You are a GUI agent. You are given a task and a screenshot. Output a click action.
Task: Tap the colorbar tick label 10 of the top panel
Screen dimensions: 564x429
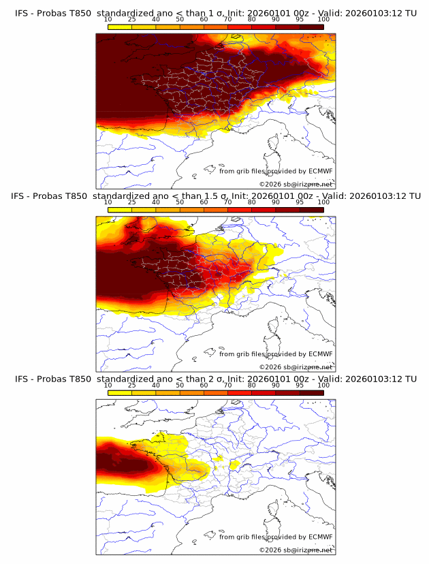[108, 20]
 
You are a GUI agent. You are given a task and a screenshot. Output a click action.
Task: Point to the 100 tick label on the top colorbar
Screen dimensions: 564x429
[323, 20]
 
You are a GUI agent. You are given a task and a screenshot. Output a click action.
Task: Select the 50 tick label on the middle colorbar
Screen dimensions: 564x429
[180, 203]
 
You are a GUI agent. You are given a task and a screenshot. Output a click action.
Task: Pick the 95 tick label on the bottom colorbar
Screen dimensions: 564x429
[300, 386]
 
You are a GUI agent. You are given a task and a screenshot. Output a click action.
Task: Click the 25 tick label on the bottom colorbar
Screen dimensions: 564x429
[132, 386]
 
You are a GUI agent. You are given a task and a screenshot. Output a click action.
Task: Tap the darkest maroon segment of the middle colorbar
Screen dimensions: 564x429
[311, 210]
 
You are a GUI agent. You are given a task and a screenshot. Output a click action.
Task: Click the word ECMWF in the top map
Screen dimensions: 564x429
[320, 172]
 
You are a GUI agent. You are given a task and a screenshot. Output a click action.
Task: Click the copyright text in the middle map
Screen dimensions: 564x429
[296, 366]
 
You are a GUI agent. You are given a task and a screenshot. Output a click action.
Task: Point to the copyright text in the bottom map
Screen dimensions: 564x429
[296, 550]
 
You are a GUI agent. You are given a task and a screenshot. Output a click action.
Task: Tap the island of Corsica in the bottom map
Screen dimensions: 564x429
[274, 509]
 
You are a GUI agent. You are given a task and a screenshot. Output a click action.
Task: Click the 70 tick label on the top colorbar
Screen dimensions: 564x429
[227, 20]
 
